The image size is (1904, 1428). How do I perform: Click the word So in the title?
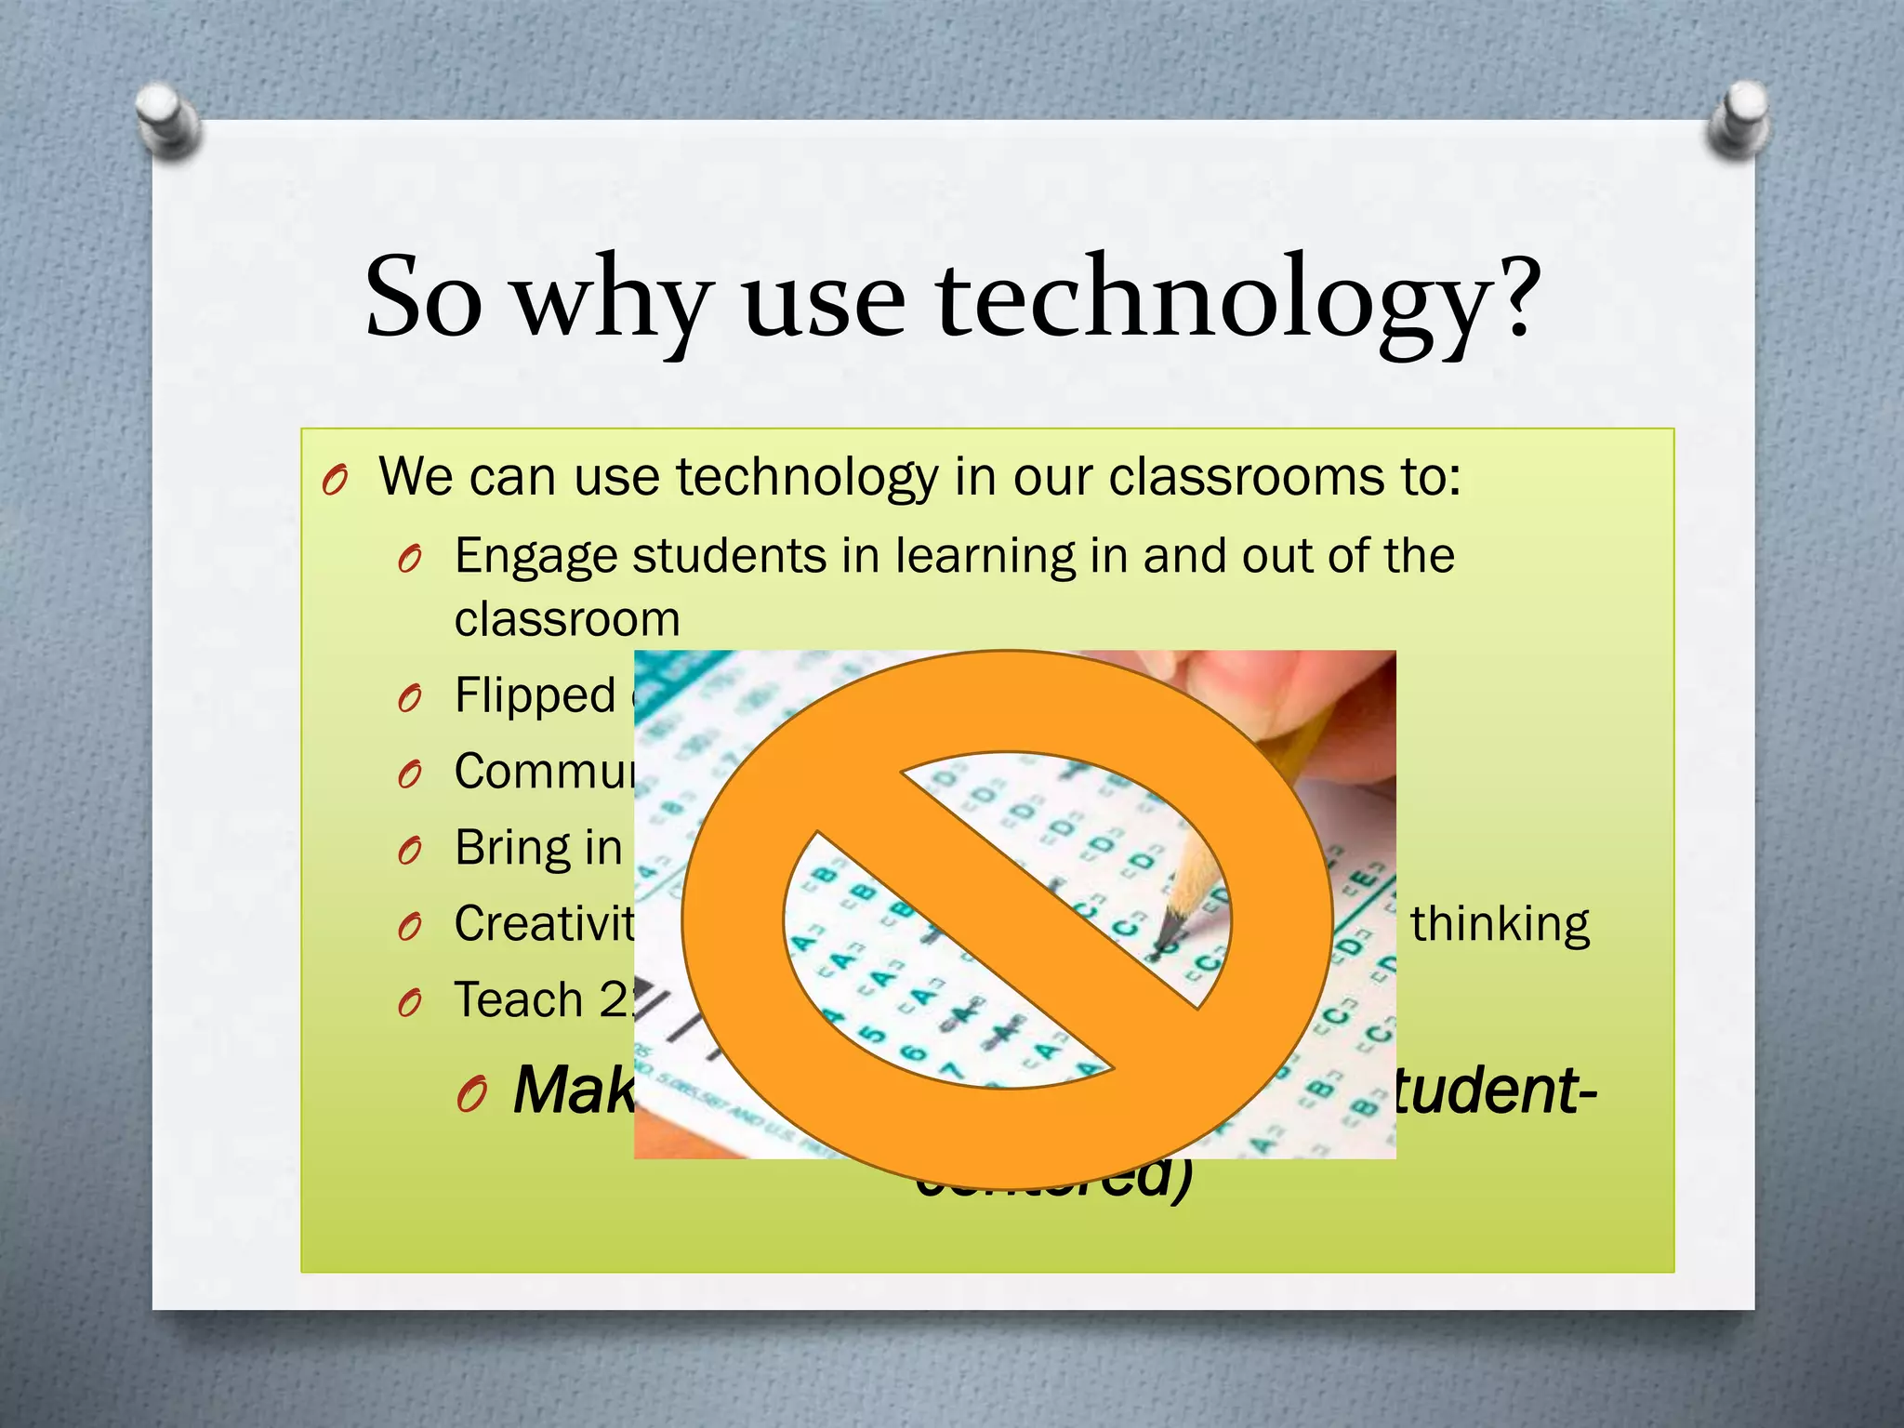(424, 299)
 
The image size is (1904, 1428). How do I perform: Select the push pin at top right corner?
(1737, 118)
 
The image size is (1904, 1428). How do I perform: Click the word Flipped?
(535, 696)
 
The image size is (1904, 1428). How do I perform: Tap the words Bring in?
(538, 848)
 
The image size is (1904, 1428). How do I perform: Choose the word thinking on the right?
(1500, 924)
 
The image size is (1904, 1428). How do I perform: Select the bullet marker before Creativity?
(410, 927)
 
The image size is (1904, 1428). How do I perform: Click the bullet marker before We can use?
(335, 481)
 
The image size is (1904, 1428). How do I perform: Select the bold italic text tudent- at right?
(1493, 1090)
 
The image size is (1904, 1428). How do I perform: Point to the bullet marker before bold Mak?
(472, 1095)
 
